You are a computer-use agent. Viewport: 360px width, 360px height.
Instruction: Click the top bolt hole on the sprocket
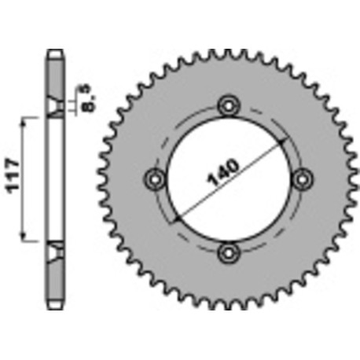[228, 104]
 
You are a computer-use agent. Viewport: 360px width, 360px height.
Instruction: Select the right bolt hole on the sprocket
[301, 178]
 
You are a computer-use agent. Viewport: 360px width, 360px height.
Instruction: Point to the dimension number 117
[12, 178]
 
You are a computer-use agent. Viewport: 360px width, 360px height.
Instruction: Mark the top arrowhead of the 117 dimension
[27, 119]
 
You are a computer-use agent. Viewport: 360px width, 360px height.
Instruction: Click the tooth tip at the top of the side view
[54, 53]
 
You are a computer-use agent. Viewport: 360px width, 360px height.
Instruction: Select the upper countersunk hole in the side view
[54, 110]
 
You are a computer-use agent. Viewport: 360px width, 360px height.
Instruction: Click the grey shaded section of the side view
[54, 79]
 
